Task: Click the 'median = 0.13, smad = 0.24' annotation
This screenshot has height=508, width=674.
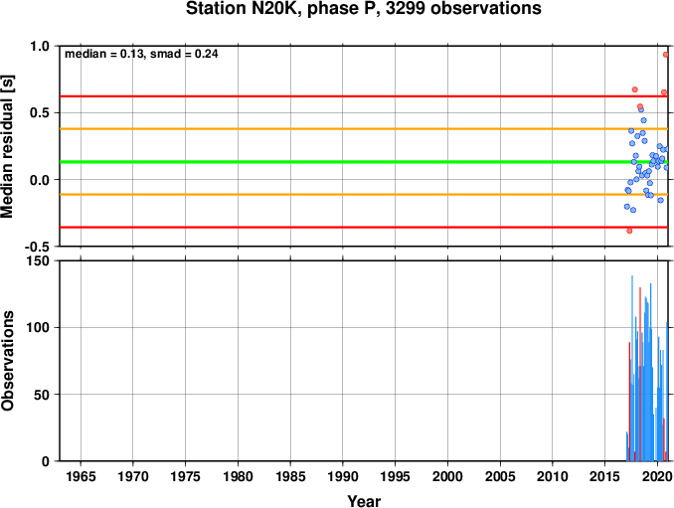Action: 141,54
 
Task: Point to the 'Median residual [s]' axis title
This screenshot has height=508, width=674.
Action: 7,146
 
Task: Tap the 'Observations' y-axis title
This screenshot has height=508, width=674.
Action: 7,361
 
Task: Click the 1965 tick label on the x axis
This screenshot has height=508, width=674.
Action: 81,476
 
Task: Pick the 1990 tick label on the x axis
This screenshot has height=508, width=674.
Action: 343,476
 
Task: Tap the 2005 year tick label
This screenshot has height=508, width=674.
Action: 500,476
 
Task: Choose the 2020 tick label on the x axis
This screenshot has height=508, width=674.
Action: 658,476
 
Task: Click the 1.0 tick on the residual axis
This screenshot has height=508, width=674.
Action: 40,46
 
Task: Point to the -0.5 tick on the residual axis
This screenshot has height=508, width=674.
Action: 37,247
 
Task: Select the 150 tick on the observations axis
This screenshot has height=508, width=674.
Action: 38,260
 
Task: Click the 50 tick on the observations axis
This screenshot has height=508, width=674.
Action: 42,395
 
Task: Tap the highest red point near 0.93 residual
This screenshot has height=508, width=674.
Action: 666,55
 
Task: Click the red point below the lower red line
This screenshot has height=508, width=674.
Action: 629,231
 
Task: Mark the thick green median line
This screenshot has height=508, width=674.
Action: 364,162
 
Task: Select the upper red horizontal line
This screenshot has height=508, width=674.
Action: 364,96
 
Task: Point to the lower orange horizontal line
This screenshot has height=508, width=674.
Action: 364,195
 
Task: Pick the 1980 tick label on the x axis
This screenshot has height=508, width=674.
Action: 239,476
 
